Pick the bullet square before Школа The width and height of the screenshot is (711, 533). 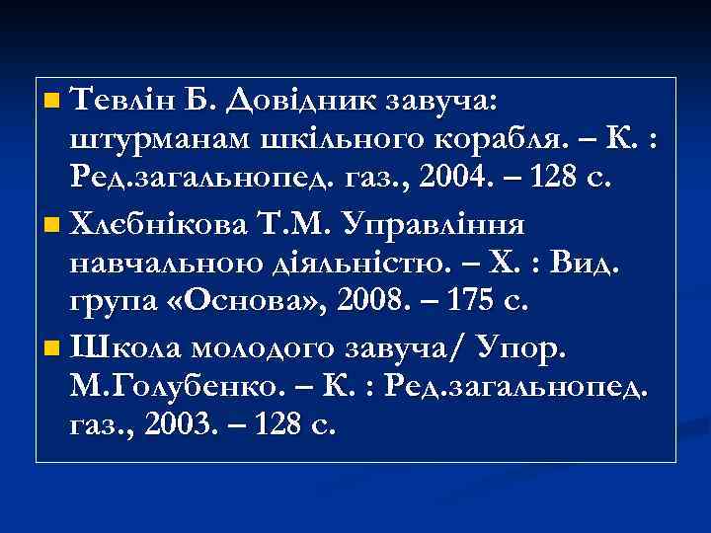click(x=52, y=346)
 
